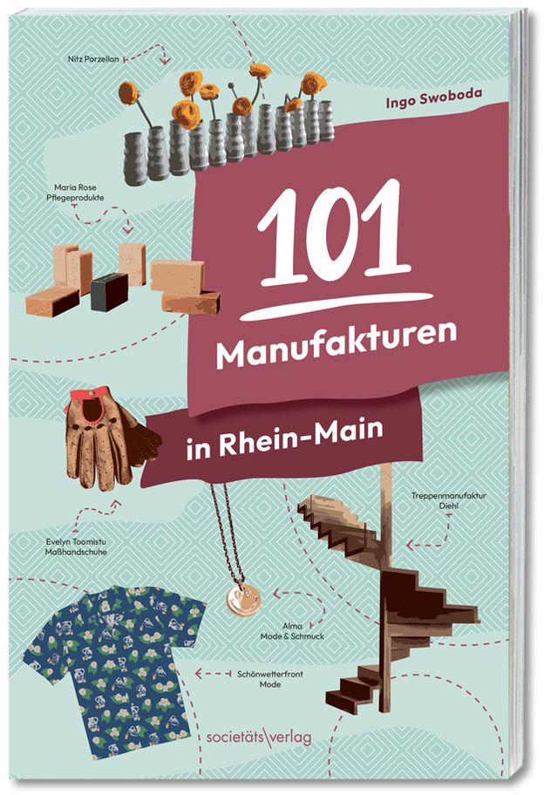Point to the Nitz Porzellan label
click(94, 60)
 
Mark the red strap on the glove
click(85, 403)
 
